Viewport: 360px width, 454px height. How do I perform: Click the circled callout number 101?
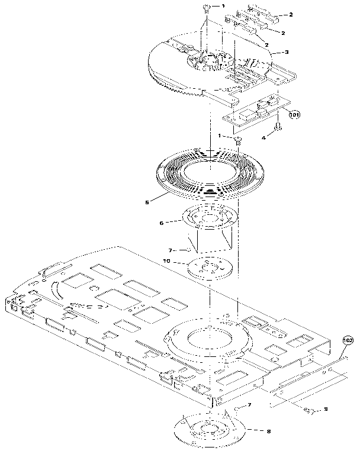coord(294,115)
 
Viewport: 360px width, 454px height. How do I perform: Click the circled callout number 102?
coord(348,341)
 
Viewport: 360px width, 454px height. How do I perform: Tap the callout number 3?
coord(287,52)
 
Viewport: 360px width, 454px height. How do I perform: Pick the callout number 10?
coord(166,260)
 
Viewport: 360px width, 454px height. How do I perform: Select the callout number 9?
coord(325,410)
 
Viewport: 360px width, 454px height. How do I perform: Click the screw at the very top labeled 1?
coord(207,7)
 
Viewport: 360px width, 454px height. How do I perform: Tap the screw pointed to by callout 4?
coord(276,127)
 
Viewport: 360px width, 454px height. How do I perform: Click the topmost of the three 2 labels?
coord(292,14)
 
